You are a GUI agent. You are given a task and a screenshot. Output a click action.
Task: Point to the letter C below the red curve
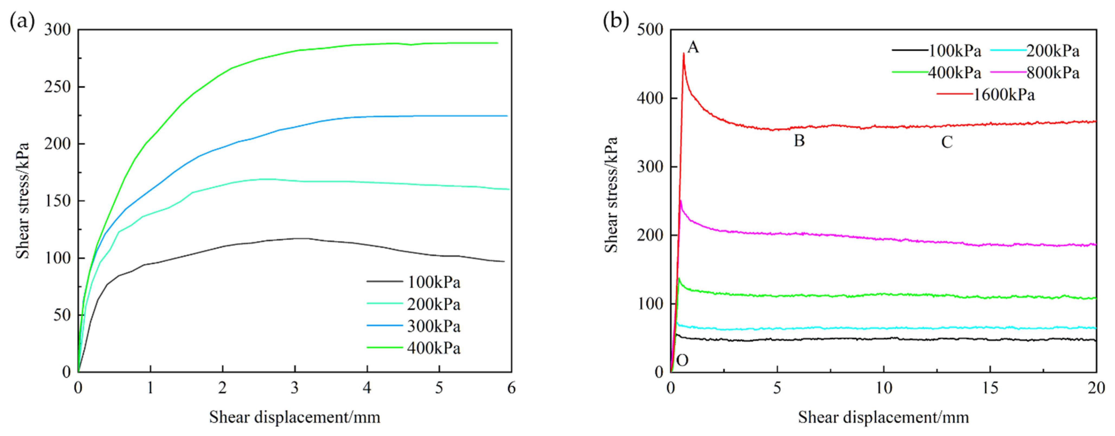point(947,142)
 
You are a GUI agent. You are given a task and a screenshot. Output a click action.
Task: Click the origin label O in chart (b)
point(682,360)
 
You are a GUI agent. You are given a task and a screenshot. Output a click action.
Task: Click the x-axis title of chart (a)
point(295,417)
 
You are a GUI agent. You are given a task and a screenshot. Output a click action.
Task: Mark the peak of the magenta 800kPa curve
point(681,201)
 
